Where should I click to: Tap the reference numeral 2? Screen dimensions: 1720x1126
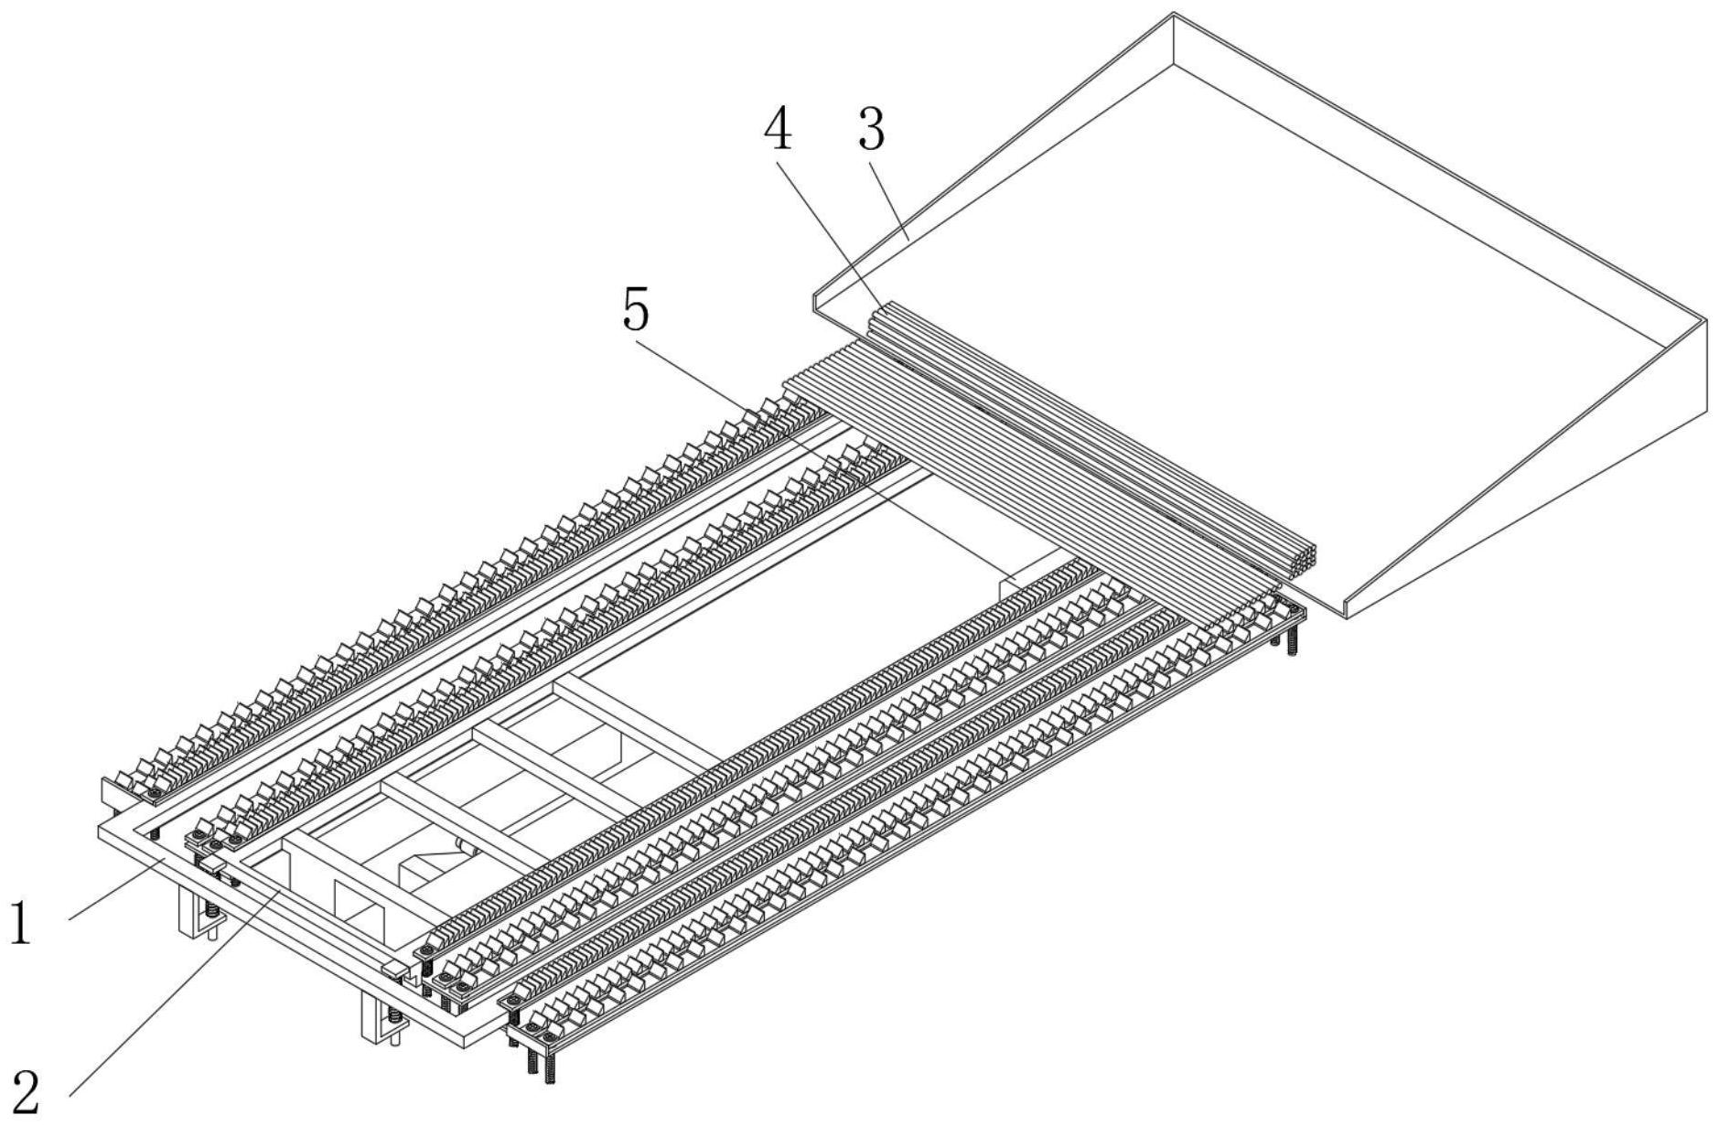(26, 1091)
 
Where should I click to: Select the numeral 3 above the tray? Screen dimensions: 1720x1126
(871, 129)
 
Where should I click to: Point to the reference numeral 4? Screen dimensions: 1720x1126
(778, 129)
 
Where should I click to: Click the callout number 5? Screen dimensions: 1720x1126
(636, 311)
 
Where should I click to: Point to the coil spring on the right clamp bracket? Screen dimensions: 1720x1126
(394, 1015)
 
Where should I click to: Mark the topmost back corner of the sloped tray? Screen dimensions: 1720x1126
(1174, 15)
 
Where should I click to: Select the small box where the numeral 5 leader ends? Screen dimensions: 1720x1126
(1020, 584)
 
